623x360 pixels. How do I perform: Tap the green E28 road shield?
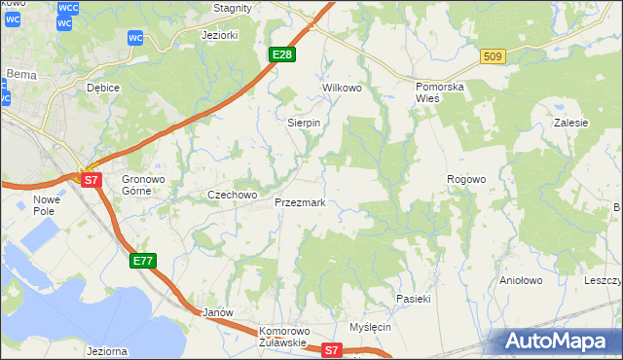(281, 54)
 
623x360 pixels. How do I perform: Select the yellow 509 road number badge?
(492, 57)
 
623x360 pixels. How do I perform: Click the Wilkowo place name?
(342, 88)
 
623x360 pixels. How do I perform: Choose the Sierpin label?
(304, 123)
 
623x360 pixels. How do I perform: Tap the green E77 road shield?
(142, 260)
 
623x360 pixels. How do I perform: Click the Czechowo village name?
(232, 195)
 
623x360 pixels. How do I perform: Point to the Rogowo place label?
(465, 179)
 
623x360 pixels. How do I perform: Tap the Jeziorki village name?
(219, 35)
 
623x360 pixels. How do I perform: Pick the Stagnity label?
(233, 7)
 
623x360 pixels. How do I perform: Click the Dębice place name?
(102, 88)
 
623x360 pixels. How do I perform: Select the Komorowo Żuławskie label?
(283, 337)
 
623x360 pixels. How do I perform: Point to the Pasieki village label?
(413, 298)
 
